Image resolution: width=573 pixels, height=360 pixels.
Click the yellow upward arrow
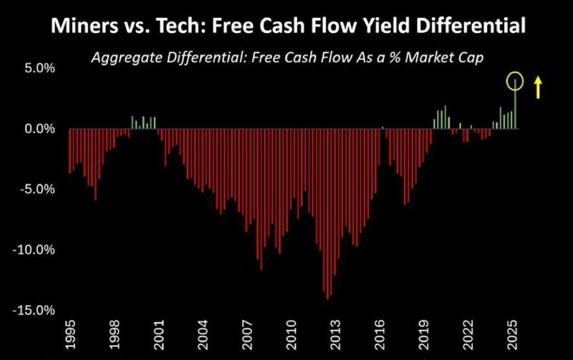(538, 87)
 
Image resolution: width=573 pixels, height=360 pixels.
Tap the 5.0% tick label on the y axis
(40, 68)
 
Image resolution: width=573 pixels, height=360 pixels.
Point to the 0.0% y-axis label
(40, 129)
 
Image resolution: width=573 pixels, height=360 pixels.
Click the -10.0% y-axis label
(34, 250)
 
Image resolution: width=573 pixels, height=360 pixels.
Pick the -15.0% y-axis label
(34, 311)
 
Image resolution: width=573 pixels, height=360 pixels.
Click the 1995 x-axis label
(70, 334)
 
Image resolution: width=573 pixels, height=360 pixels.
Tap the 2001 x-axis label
(159, 334)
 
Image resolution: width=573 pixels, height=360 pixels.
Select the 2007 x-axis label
(248, 334)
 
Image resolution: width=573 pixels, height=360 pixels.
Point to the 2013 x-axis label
(335, 334)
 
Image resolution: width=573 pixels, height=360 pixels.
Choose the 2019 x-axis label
(424, 334)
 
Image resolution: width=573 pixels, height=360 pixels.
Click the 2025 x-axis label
(513, 334)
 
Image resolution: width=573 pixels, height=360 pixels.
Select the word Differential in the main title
(471, 26)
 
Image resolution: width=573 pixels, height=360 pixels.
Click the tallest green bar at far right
(515, 104)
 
